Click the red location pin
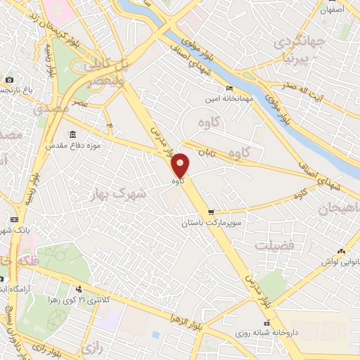click(181, 165)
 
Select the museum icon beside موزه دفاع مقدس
click(72, 134)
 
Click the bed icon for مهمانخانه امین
click(230, 88)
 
